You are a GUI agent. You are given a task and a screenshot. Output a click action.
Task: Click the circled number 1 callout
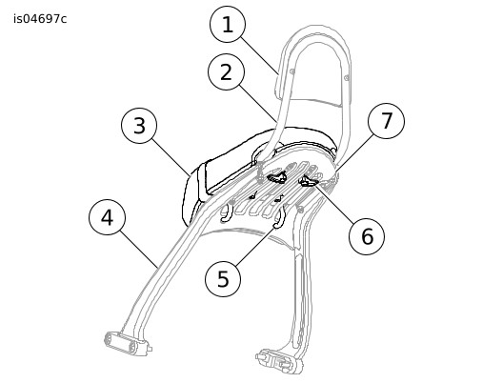(228, 24)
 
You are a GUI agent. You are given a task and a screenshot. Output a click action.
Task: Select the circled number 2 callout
(226, 72)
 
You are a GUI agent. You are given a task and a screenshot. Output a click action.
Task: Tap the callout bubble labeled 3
(139, 126)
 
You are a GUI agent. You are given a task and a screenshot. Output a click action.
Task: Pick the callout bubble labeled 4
(107, 217)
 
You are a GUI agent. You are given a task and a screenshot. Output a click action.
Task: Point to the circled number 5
(223, 279)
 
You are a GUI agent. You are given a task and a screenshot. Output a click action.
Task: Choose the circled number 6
(367, 236)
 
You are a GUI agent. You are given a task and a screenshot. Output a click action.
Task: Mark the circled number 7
(386, 121)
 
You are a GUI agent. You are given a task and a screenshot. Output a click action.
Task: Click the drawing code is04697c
(40, 19)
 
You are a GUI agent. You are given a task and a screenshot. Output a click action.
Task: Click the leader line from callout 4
(139, 249)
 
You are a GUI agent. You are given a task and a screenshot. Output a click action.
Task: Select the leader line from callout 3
(171, 157)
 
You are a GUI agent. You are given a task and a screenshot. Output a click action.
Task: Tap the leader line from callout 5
(255, 245)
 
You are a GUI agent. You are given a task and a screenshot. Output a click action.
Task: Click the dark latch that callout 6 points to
(309, 182)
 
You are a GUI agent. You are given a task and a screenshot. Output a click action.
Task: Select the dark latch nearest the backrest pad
(277, 178)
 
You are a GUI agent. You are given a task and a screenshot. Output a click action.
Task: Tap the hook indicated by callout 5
(279, 217)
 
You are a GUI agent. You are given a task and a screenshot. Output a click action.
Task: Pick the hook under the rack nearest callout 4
(226, 212)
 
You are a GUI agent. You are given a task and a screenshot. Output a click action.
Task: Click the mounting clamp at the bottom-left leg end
(126, 343)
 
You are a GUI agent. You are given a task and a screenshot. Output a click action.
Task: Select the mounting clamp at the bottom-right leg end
(279, 360)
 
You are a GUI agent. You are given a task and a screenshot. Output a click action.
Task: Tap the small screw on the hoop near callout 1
(292, 71)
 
